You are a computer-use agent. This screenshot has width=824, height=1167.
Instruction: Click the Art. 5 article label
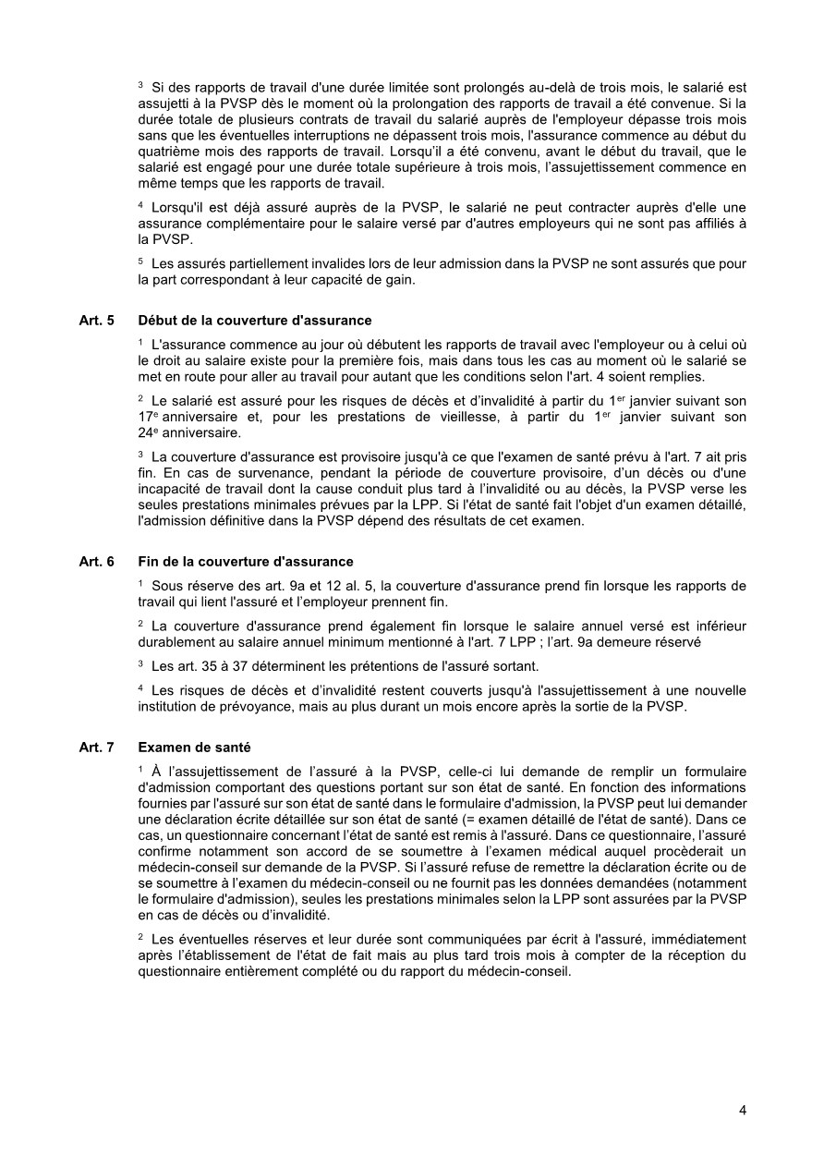[x=97, y=321]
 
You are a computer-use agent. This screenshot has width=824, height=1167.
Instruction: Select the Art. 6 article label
[x=97, y=562]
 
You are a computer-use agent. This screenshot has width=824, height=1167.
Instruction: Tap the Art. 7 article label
[x=97, y=747]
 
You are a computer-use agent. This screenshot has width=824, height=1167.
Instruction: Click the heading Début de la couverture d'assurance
[x=254, y=321]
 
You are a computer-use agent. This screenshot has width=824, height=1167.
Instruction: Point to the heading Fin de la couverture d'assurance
[x=245, y=562]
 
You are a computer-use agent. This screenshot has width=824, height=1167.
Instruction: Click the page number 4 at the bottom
[x=743, y=1110]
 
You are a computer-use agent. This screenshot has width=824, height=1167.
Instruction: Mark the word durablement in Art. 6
[x=176, y=641]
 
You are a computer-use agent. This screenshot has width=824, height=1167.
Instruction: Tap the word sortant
[x=516, y=665]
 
